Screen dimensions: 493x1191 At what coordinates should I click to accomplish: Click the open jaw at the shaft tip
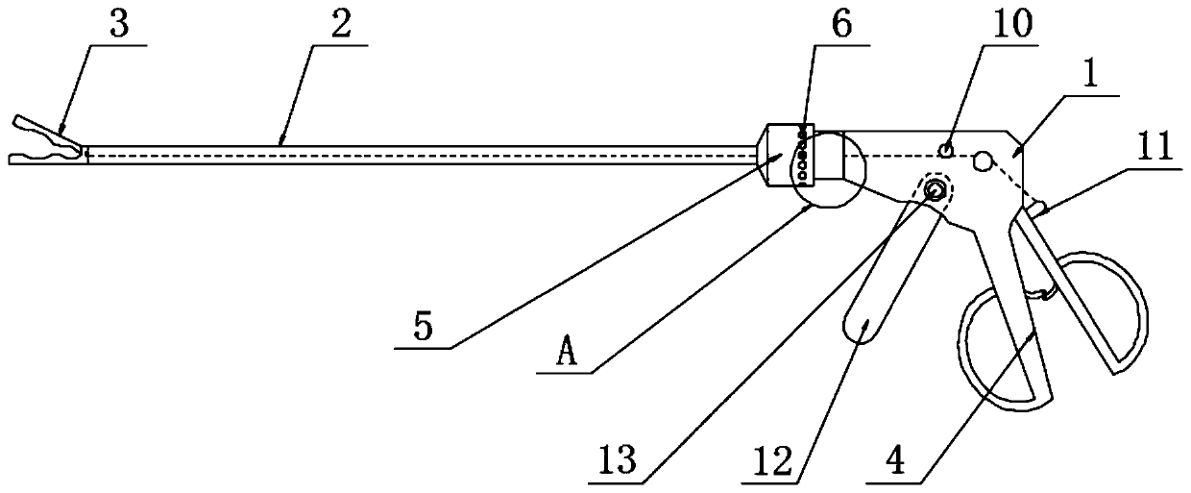tap(43, 142)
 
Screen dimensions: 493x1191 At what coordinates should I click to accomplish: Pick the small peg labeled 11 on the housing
tap(1037, 205)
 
